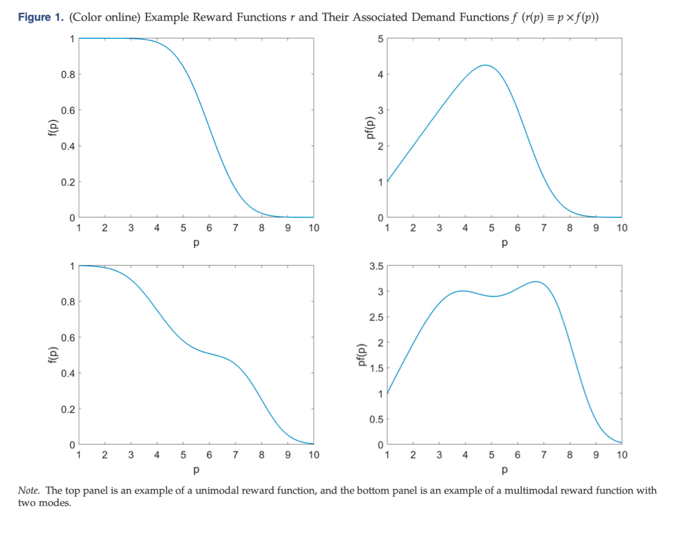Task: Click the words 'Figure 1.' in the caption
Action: click(40, 17)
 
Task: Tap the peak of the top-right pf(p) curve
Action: click(485, 65)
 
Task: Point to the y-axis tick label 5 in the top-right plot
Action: click(380, 39)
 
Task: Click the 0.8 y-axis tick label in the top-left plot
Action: click(68, 75)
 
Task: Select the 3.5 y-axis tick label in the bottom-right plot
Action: click(376, 266)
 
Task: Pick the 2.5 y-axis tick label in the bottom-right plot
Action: click(376, 317)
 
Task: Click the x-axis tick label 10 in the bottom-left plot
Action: click(314, 455)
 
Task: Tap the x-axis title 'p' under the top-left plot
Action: click(196, 243)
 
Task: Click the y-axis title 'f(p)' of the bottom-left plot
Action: click(52, 355)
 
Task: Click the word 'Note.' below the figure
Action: click(29, 490)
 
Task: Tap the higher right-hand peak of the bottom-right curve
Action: click(536, 282)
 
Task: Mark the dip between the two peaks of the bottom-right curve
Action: click(494, 296)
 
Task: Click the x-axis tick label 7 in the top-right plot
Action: click(543, 228)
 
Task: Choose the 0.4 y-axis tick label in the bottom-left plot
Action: click(68, 373)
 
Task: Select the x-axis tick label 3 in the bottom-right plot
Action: click(439, 455)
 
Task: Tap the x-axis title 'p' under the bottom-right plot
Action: click(504, 470)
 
